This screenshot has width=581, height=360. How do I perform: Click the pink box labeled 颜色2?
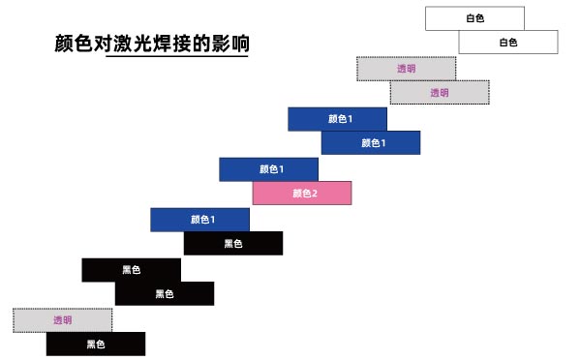(x=302, y=193)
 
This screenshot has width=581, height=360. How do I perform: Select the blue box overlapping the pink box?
(x=268, y=168)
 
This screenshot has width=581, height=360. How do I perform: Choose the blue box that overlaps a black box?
(x=199, y=219)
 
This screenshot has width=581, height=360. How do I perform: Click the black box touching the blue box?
(x=233, y=243)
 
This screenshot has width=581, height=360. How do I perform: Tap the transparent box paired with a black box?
(x=63, y=319)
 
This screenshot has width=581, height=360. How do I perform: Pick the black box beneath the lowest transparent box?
(x=95, y=344)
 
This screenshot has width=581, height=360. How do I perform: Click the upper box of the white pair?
(x=474, y=18)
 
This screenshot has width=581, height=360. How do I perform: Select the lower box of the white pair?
(x=507, y=42)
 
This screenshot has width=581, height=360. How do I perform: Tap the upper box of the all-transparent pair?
(x=406, y=68)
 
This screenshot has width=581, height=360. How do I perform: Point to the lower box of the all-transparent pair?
(x=439, y=92)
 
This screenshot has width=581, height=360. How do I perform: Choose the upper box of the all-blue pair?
(x=337, y=118)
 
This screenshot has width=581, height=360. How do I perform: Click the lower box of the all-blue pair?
(x=370, y=142)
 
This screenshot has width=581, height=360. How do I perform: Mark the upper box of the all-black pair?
(x=131, y=269)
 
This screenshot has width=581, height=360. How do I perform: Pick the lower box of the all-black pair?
(x=164, y=293)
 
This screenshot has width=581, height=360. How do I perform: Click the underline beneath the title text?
(x=177, y=57)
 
